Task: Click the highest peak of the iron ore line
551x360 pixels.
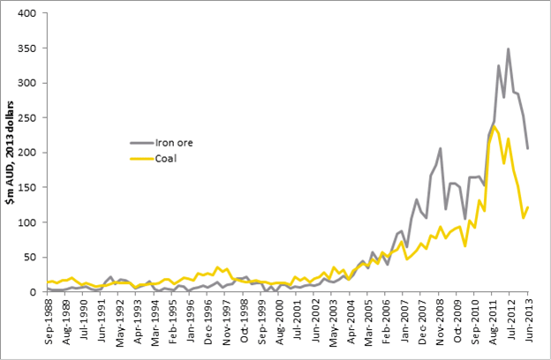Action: (x=508, y=49)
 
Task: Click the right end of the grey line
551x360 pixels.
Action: (x=528, y=148)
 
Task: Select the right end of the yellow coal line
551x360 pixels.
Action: (x=528, y=207)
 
